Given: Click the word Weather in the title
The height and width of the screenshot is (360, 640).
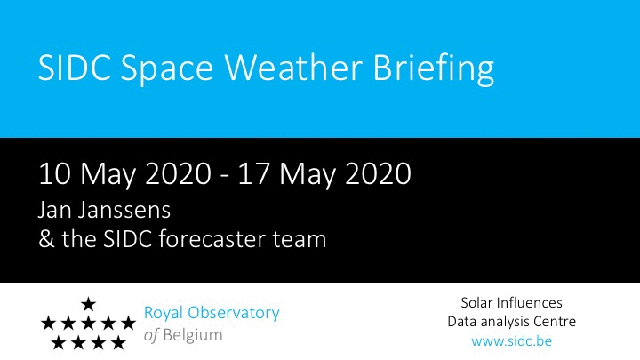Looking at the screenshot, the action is click(x=293, y=68).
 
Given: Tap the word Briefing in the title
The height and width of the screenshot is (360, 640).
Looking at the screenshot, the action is click(x=434, y=70).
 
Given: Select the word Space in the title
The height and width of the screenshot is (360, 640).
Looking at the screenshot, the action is click(x=167, y=70).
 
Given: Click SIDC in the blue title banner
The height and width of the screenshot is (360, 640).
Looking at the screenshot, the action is click(x=75, y=68).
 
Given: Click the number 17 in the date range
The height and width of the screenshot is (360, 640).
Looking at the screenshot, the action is click(x=253, y=174).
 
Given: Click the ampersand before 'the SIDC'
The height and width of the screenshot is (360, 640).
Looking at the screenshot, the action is click(x=46, y=239).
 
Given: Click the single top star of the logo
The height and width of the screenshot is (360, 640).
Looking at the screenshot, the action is click(x=88, y=304).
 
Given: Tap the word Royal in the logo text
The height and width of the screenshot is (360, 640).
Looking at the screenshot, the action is click(x=163, y=314).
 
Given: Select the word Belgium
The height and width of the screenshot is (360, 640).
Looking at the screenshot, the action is click(x=193, y=335).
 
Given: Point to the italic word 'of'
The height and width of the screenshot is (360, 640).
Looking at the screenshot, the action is click(x=151, y=335).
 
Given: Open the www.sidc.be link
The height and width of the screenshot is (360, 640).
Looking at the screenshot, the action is click(x=511, y=340).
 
